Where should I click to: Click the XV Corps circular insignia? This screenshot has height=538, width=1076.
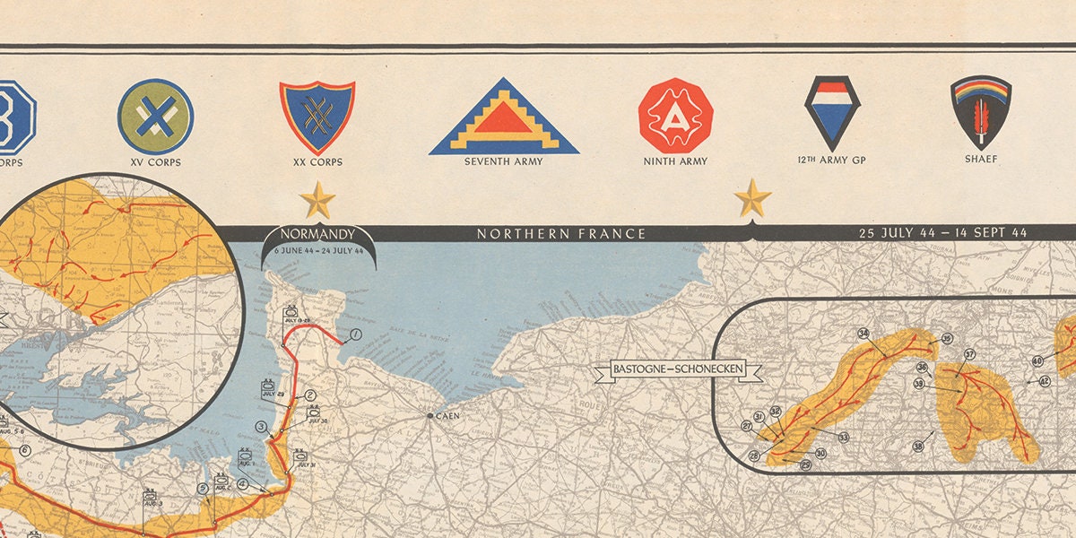point(155,116)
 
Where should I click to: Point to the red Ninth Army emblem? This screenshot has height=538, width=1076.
point(675,115)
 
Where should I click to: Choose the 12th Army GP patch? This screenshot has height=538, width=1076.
point(832,112)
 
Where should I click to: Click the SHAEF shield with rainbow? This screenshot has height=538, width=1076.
point(981,112)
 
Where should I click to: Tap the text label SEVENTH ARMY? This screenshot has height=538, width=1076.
point(503,162)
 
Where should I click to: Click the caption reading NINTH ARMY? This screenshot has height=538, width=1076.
point(675,162)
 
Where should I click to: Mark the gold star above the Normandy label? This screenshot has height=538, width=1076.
point(317,199)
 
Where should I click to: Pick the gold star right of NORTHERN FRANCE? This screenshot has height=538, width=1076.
point(752,198)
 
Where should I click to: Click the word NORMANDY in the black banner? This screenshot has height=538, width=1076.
point(317,236)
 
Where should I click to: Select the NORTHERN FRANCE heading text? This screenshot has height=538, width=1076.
point(561,234)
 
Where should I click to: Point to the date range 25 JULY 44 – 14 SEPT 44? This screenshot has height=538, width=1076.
point(942,233)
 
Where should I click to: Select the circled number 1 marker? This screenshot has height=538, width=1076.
point(355,335)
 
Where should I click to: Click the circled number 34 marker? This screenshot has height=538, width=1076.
point(863,334)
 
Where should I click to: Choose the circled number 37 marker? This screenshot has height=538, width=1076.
point(969,354)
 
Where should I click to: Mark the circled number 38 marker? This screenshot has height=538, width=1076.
point(917,447)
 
